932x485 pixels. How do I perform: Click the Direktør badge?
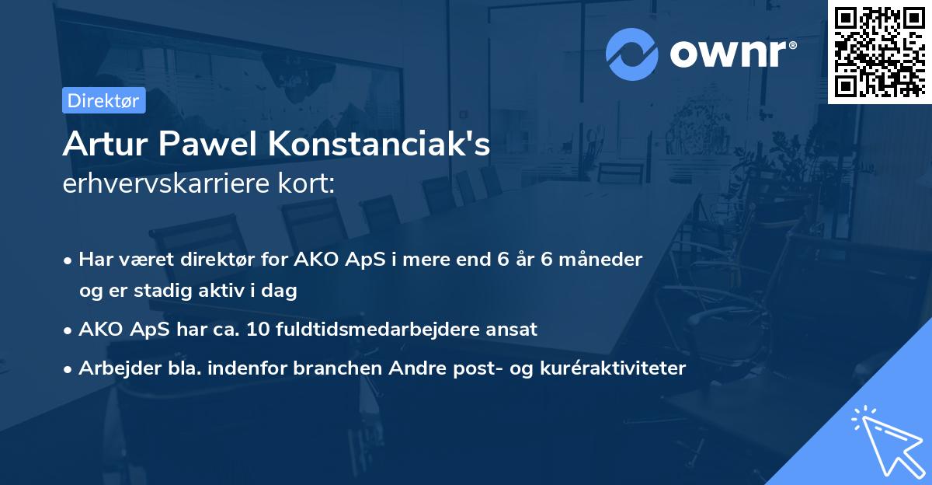tap(103, 101)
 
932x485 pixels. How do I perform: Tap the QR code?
tap(879, 51)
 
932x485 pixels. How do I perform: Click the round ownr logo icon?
tap(631, 54)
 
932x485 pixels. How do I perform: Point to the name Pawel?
tap(207, 145)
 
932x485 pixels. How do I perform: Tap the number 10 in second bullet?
tap(256, 329)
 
